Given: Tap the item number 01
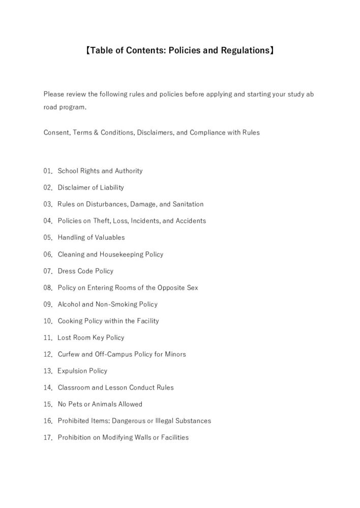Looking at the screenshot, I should [x=48, y=171].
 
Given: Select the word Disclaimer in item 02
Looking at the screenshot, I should [x=74, y=187].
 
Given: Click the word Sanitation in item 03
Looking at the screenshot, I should [x=188, y=204].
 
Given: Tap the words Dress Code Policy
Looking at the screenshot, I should [x=85, y=271].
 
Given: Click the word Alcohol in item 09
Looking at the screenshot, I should [x=69, y=304].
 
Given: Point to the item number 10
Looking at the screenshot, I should [x=48, y=321].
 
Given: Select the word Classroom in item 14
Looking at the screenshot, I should [x=73, y=388].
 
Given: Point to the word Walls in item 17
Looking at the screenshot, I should [x=137, y=437].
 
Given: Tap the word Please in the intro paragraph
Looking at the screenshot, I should [x=53, y=94].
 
